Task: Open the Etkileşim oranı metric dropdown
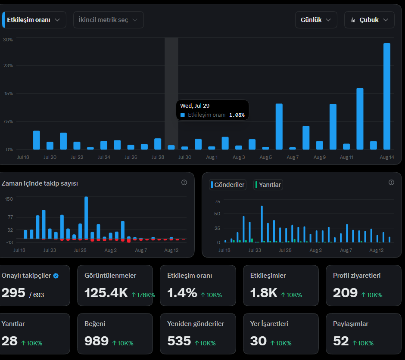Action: coord(34,20)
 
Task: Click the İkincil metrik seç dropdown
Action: coord(109,20)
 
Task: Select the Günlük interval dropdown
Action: coord(316,20)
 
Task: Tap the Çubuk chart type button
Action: coord(369,20)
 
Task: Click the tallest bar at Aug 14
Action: coord(386,96)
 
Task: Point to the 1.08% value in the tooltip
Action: coord(237,115)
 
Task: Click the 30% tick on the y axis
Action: coord(8,40)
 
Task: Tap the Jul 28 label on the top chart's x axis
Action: coord(158,157)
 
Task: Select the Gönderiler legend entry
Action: coord(227,185)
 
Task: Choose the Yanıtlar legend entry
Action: coord(268,185)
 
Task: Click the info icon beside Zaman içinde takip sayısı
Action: coord(184,183)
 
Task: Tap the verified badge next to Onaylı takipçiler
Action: coord(56,276)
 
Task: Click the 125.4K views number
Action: coord(106,293)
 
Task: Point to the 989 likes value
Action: coord(97,341)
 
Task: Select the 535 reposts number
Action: coord(179,341)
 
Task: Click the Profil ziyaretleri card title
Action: coord(357,276)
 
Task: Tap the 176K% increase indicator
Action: coord(143,295)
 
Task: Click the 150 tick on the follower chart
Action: coord(9,199)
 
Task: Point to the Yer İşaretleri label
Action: coord(269,324)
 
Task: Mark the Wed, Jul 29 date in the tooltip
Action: coord(195,106)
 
